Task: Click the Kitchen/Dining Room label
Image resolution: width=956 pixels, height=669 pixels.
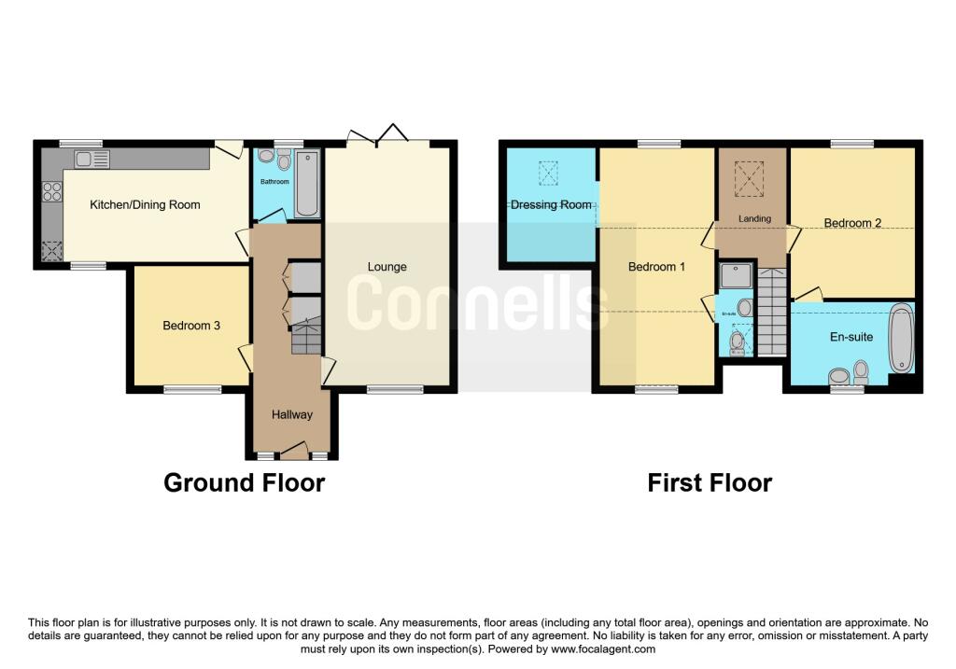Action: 145,204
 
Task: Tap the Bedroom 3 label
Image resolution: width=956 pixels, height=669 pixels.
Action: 191,326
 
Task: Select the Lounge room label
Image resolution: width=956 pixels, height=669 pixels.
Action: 387,267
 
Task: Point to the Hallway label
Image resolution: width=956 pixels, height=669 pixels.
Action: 292,415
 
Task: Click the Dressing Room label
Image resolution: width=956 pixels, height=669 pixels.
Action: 551,204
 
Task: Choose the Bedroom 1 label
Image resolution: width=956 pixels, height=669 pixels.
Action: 656,267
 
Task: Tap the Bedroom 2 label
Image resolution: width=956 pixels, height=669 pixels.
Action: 852,223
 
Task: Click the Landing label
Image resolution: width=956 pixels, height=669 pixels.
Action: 754,219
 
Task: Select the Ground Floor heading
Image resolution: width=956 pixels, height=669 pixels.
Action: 245,482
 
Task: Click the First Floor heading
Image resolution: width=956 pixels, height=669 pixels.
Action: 710,482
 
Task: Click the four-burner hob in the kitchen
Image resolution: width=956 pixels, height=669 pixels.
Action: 52,190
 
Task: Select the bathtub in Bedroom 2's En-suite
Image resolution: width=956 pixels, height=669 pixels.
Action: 902,339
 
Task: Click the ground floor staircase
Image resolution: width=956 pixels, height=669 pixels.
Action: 305,335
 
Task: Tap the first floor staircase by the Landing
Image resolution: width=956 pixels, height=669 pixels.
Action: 772,312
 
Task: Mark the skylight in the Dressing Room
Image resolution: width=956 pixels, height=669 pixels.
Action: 548,174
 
